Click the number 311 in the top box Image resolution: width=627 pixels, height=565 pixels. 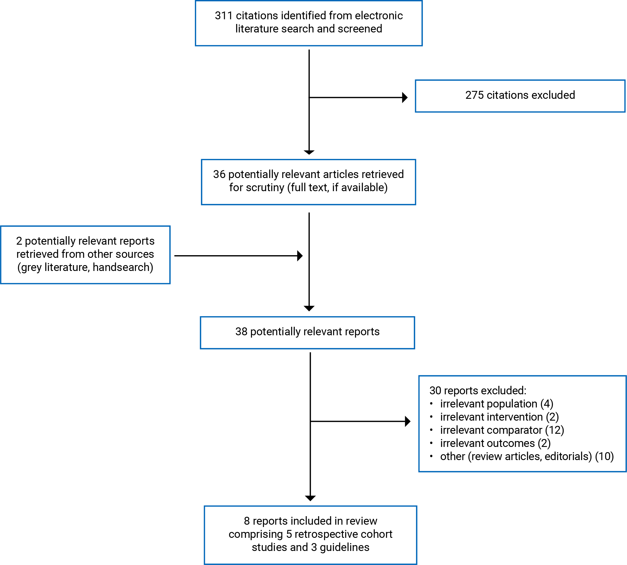pos(224,15)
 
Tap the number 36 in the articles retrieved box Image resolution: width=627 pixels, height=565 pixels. pos(219,174)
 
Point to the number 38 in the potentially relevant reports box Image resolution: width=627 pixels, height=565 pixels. pos(241,331)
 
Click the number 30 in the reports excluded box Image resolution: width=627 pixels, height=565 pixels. pos(435,391)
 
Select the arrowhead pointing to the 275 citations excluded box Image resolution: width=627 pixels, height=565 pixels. pos(405,97)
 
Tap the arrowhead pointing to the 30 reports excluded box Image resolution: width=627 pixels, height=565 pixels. pos(408,421)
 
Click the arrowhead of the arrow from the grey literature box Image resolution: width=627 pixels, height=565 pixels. pos(300,256)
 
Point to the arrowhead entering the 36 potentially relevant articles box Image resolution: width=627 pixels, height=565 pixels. pos(309,152)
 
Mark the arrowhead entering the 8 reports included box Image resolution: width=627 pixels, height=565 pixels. pos(310,498)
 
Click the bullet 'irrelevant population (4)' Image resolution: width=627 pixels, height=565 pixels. pos(491,404)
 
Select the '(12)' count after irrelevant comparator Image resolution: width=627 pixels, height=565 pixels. pos(555,430)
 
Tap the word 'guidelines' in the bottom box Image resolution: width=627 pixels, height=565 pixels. pos(345,547)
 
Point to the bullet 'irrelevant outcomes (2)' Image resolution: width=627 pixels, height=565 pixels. pos(490,443)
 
